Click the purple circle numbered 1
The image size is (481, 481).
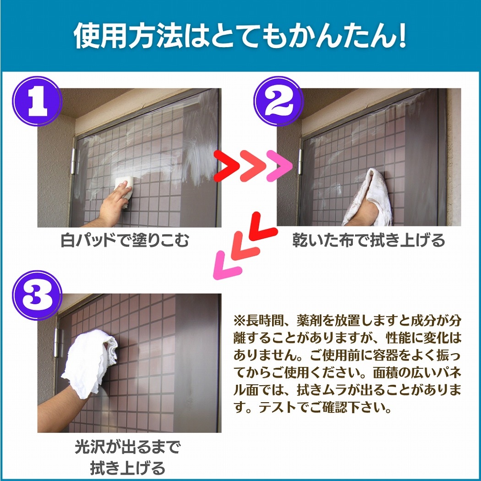(37, 101)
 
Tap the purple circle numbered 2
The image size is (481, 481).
(279, 101)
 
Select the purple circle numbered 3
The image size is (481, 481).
(37, 295)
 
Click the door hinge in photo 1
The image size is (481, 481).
(73, 161)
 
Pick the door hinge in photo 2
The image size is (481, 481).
(300, 161)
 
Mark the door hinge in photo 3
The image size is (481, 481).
(56, 342)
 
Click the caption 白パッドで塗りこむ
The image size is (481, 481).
(124, 240)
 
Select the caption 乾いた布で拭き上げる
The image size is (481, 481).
(368, 240)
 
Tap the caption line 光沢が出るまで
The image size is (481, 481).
(127, 448)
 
